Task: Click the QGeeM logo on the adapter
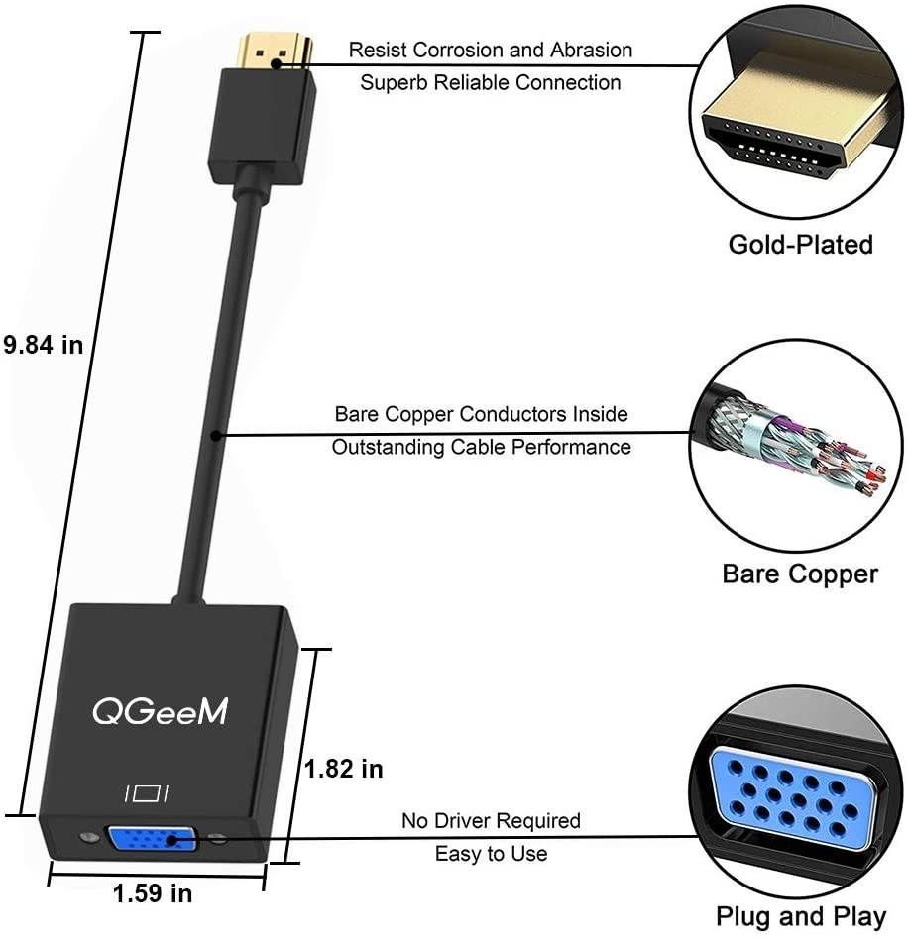[x=160, y=710]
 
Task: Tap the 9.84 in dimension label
[x=43, y=345]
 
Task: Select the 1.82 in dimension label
[x=343, y=768]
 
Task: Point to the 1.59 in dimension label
[x=153, y=893]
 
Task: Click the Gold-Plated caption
[x=800, y=244]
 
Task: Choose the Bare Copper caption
[x=799, y=574]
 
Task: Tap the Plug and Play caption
[x=800, y=917]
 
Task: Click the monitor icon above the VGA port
[x=148, y=793]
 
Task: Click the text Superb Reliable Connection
[x=490, y=82]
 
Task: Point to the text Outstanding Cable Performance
[x=481, y=447]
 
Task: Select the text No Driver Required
[x=491, y=820]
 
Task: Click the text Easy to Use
[x=491, y=853]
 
